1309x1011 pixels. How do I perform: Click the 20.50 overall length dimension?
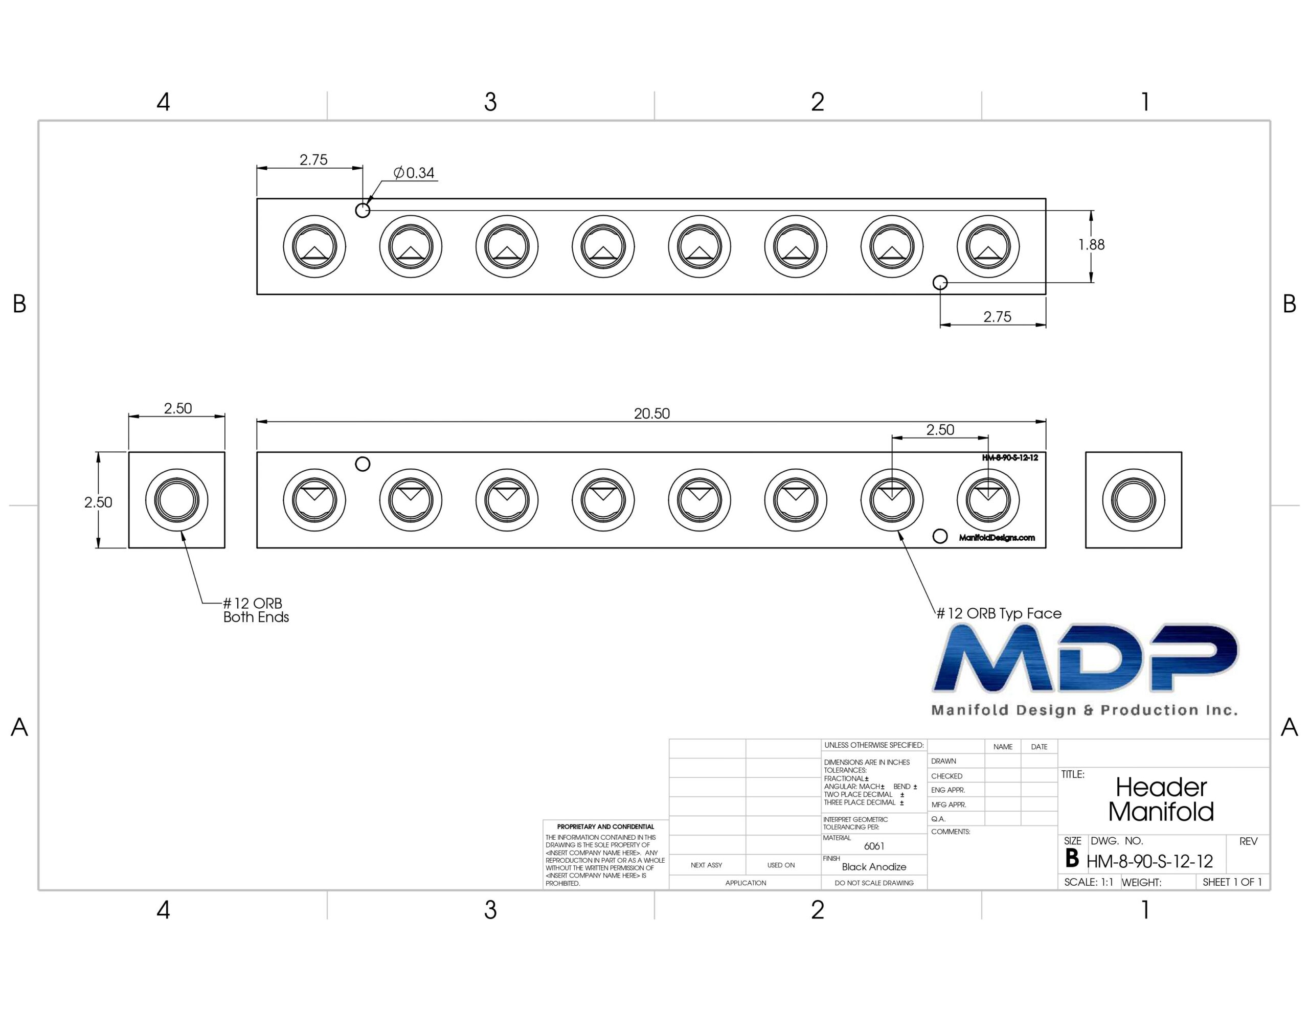coord(651,413)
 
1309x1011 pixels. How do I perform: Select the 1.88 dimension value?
coord(1092,244)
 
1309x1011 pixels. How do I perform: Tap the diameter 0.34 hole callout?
coord(414,173)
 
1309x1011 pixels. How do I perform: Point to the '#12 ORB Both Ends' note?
coord(256,610)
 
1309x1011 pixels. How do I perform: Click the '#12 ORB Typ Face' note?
coord(999,613)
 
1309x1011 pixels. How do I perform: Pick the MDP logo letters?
coord(1085,657)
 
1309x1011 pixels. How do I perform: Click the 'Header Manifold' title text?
coord(1161,799)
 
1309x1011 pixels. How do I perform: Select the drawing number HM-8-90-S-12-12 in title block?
coord(1149,861)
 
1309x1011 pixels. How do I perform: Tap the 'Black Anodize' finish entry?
coord(874,866)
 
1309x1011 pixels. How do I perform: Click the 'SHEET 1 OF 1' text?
coord(1232,882)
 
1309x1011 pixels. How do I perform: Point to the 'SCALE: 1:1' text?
coord(1089,882)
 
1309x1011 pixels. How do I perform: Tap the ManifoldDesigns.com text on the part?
coord(997,538)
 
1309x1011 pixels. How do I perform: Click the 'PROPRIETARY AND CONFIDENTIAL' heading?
coord(605,826)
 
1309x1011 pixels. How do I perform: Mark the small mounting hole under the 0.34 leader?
coord(363,211)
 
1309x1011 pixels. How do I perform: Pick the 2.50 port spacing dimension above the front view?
coord(940,430)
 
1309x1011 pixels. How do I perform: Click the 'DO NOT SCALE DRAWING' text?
coord(874,883)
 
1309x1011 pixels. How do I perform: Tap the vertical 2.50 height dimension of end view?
coord(98,502)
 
